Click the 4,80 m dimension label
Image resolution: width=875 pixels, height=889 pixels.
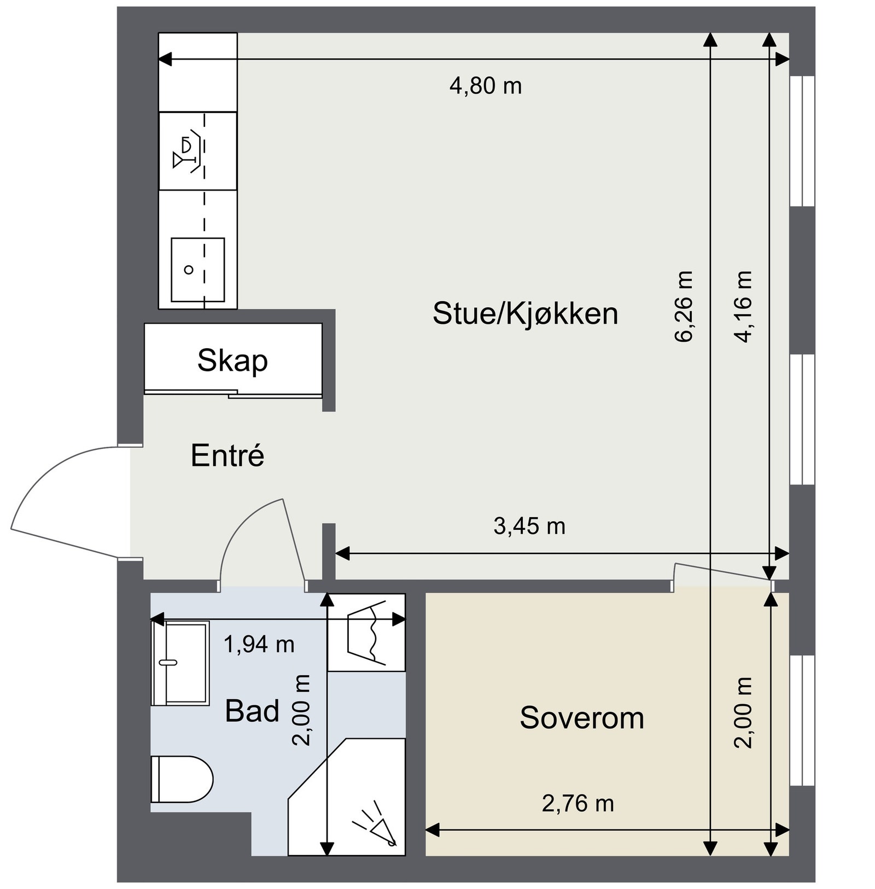pyautogui.click(x=486, y=86)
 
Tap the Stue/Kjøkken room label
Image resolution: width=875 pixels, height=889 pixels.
pyautogui.click(x=525, y=314)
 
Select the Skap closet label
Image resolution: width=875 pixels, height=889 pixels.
pyautogui.click(x=232, y=361)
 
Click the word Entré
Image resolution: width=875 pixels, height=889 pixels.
pyautogui.click(x=227, y=455)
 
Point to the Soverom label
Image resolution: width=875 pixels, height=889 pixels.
pyautogui.click(x=581, y=718)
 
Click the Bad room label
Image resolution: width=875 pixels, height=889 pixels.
pyautogui.click(x=252, y=711)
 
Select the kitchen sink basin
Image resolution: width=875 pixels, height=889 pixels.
pyautogui.click(x=197, y=270)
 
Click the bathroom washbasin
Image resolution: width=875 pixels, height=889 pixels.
pyautogui.click(x=180, y=663)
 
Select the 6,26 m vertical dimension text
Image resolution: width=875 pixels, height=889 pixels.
pyautogui.click(x=684, y=306)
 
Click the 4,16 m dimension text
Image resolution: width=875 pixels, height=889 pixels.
pyautogui.click(x=744, y=306)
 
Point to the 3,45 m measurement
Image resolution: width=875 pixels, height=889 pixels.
pyautogui.click(x=529, y=527)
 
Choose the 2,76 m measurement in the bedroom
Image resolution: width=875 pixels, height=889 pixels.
pyautogui.click(x=578, y=804)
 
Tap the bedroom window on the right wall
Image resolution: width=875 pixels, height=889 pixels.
pyautogui.click(x=802, y=720)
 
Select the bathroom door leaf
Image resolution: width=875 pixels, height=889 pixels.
pyautogui.click(x=294, y=541)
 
